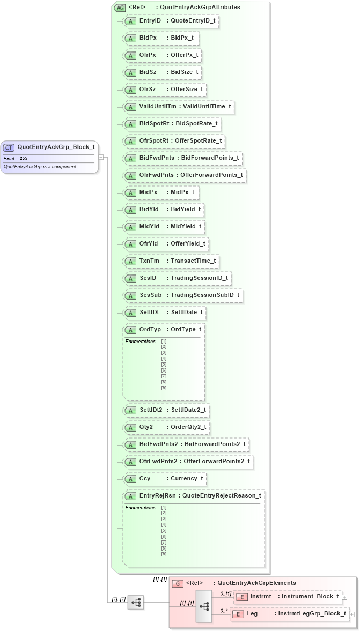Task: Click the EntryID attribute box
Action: (171, 21)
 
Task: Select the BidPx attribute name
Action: (148, 38)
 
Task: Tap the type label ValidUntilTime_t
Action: (207, 107)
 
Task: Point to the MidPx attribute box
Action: (160, 192)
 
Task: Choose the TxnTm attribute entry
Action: (171, 261)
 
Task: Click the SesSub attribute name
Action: (151, 295)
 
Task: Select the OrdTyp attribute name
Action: (150, 329)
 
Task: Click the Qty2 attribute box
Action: (166, 427)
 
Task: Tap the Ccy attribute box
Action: (164, 479)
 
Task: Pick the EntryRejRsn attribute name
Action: (158, 496)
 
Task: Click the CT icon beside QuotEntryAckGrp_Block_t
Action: (9, 147)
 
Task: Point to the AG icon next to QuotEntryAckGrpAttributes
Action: (121, 8)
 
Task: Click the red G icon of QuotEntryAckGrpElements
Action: (178, 583)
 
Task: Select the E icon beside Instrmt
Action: (241, 597)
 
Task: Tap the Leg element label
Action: (252, 614)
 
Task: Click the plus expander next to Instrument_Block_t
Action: (344, 597)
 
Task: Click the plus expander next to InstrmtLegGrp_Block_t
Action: (352, 614)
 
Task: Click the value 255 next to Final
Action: (24, 159)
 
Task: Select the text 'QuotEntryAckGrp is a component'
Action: (40, 167)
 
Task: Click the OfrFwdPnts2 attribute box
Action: (187, 462)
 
